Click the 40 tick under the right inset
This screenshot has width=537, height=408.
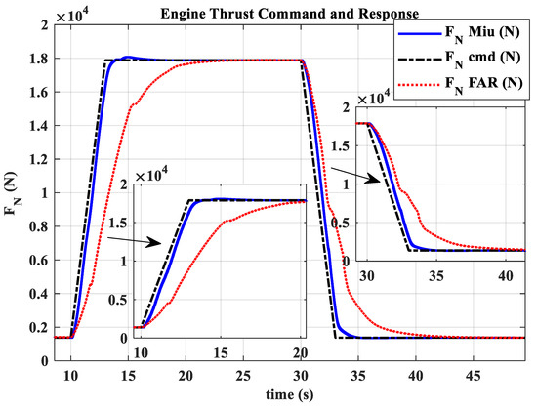501,276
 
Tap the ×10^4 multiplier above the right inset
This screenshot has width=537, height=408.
378,101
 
